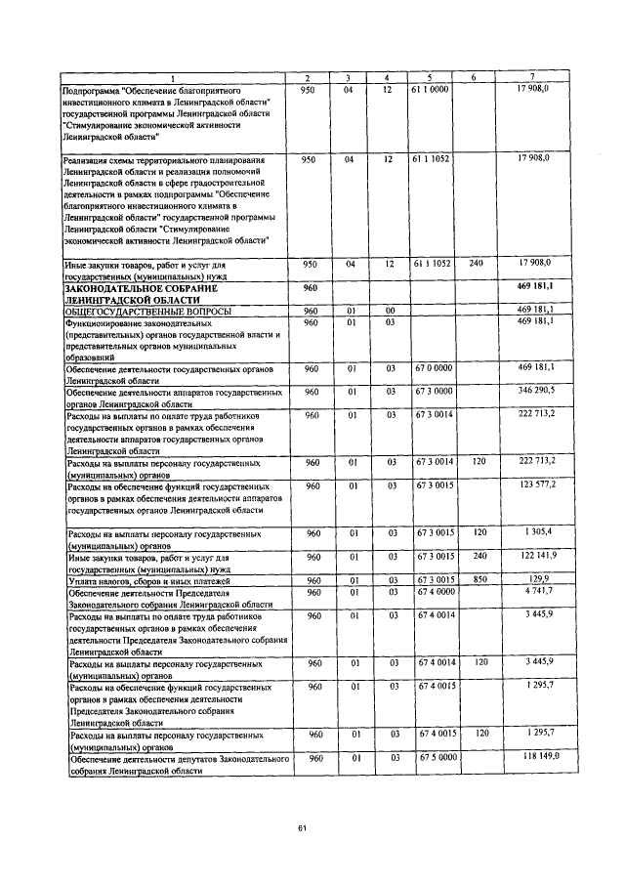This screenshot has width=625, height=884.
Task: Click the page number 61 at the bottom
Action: [x=303, y=829]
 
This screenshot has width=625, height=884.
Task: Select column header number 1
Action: [x=174, y=77]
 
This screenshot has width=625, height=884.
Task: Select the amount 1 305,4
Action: [x=538, y=532]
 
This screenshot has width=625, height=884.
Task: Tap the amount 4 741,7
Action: [x=538, y=591]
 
